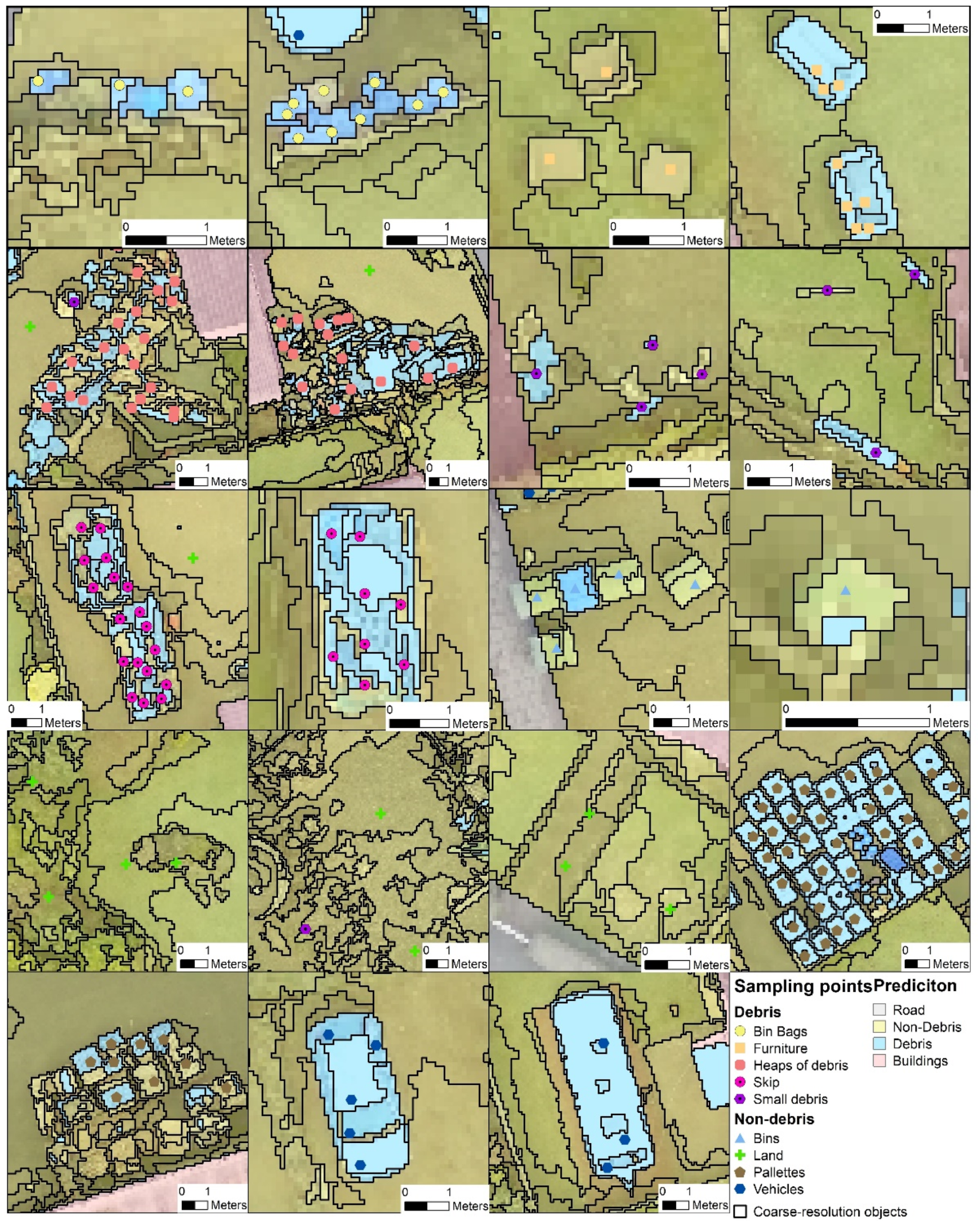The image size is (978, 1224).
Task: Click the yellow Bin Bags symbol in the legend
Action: [x=740, y=1032]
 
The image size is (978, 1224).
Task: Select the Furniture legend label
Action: [x=780, y=1049]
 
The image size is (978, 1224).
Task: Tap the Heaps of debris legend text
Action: [x=800, y=1065]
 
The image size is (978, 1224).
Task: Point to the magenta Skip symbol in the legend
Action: [x=740, y=1082]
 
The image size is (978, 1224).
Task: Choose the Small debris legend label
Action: [x=789, y=1099]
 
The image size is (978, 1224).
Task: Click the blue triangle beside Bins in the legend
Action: [x=740, y=1138]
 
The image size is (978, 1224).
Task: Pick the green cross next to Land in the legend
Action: [x=740, y=1155]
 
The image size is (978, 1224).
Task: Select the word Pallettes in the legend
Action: [x=779, y=1172]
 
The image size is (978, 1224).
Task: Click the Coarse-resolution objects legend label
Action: [x=829, y=1212]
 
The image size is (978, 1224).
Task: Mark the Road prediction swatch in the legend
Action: [x=879, y=1010]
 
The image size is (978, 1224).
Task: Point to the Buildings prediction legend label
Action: [x=920, y=1061]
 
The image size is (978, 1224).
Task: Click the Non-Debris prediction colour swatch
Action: [x=879, y=1027]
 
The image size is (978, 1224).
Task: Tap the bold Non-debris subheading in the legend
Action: [x=774, y=1119]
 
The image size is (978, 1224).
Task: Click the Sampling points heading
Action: [x=802, y=986]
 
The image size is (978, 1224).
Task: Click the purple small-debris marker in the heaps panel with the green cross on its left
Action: [x=74, y=302]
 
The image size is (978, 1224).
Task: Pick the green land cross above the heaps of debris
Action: [x=370, y=271]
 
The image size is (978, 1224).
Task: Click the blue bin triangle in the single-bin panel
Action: [x=846, y=590]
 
